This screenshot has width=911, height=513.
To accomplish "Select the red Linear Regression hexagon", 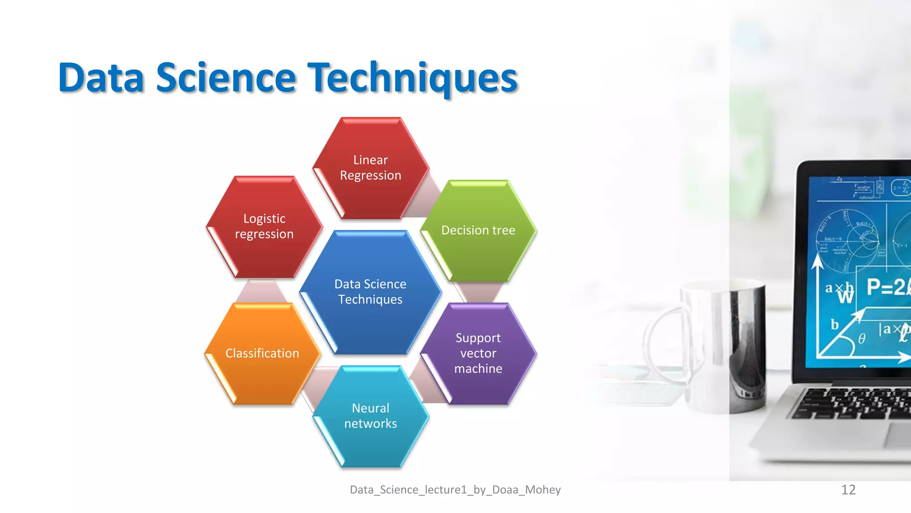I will [x=371, y=168].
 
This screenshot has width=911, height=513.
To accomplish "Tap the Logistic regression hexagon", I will [x=264, y=227].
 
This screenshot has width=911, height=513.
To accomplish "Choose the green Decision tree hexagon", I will [x=478, y=231].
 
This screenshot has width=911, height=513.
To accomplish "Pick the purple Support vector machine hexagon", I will [x=478, y=353].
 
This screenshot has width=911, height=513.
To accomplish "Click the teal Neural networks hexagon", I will [x=371, y=416].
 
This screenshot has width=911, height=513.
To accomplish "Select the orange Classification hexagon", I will [x=262, y=354].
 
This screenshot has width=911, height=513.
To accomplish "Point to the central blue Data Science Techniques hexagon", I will [x=371, y=292].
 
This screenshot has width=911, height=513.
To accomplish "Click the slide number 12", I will [x=848, y=490].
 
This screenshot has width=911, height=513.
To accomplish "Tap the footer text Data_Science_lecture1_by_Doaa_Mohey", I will [x=455, y=490].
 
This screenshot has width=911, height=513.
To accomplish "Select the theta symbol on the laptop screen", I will [x=862, y=339].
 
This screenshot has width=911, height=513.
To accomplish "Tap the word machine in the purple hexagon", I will [x=478, y=369].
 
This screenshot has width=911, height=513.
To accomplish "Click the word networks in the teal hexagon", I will [x=371, y=423].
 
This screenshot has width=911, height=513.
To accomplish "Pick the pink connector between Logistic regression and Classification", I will [x=262, y=291].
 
